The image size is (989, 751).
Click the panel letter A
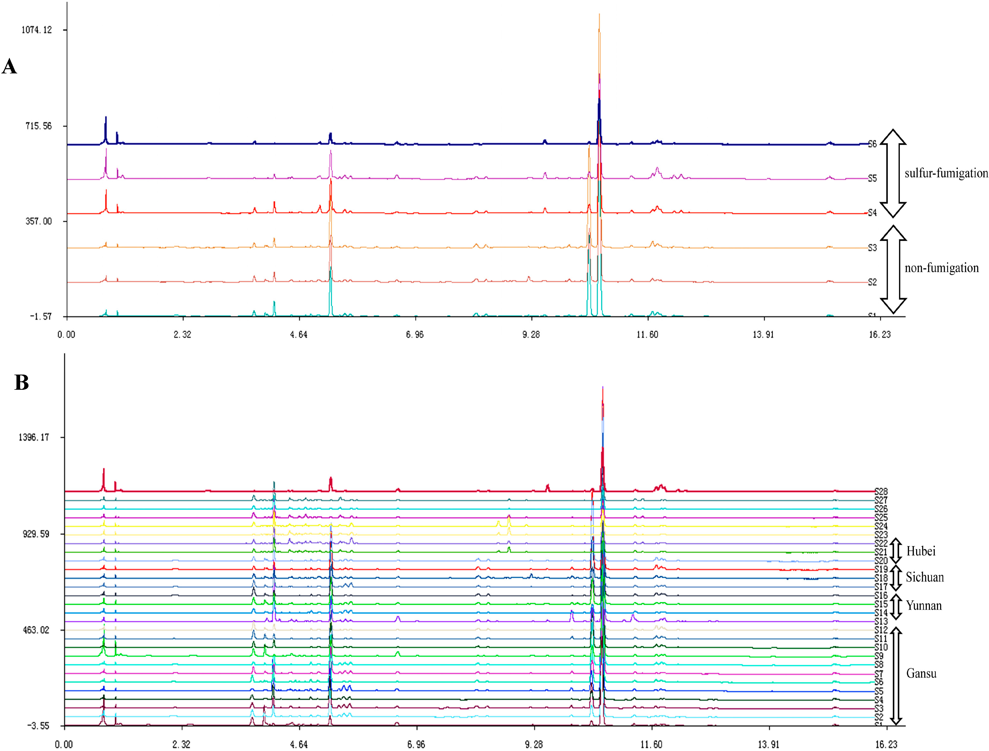9,67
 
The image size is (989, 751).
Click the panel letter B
21,383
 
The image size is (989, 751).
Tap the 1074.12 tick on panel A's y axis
37,30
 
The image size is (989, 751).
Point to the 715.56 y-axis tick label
38,126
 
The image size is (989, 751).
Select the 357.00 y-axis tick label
38,221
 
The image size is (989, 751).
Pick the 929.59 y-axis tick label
36,534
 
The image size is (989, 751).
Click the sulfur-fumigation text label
946,173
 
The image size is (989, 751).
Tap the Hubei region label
921,551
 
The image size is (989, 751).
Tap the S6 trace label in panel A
872,144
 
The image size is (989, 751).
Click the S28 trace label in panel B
881,491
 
